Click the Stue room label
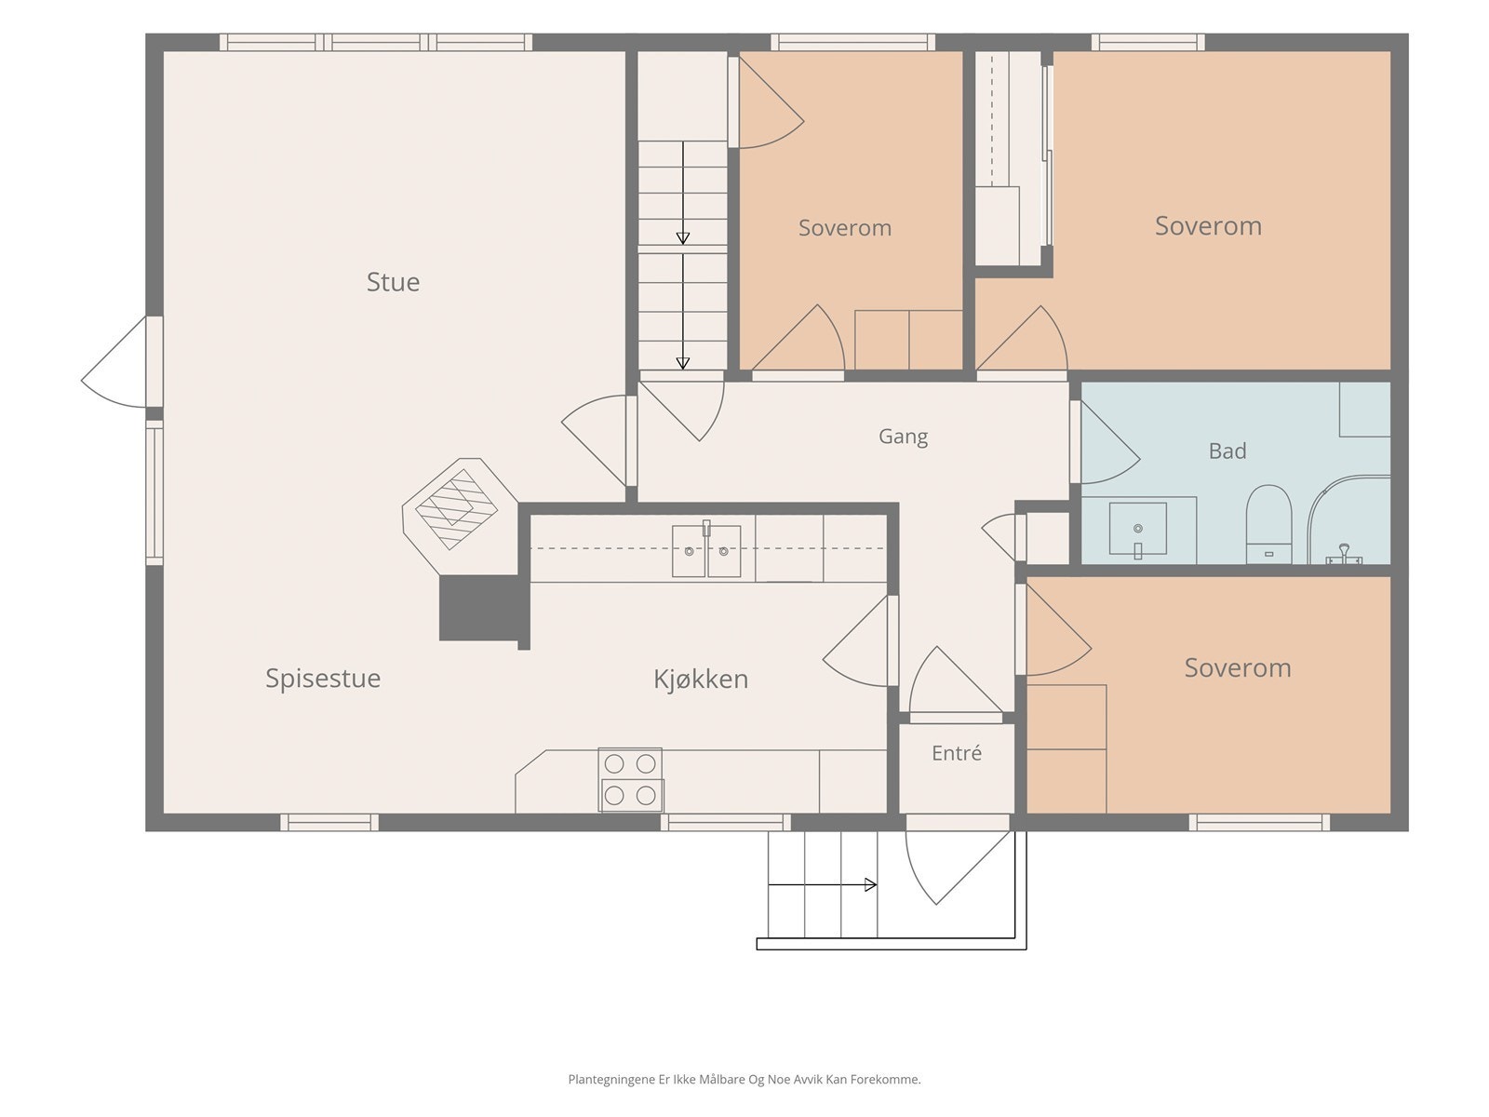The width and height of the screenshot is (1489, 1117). [x=393, y=281]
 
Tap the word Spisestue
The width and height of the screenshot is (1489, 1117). [x=323, y=679]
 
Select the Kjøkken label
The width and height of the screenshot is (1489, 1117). [x=701, y=679]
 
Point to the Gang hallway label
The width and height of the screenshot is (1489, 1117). [x=903, y=436]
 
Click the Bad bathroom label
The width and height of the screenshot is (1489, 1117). [x=1227, y=451]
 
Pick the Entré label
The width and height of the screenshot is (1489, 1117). [x=957, y=753]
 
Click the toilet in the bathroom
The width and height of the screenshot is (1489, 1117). [x=1268, y=523]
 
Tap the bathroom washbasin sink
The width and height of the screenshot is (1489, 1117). [x=1137, y=529]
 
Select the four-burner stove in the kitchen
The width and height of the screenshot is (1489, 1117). [x=630, y=780]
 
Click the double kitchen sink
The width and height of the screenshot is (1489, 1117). [x=706, y=550]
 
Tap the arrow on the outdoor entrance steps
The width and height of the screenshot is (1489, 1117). [x=822, y=884]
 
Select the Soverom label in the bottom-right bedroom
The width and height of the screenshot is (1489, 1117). [x=1238, y=668]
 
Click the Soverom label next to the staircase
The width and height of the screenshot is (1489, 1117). [x=845, y=228]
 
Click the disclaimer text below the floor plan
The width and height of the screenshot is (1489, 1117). [x=744, y=1079]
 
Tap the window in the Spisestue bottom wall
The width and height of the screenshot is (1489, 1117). [x=329, y=823]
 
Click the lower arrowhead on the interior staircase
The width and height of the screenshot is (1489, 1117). [x=683, y=364]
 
